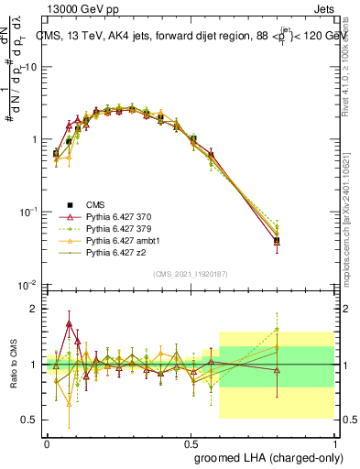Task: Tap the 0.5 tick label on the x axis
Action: click(190, 442)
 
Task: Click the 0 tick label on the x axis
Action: click(47, 442)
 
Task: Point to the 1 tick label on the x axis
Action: click(333, 442)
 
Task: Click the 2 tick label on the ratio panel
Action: click(35, 309)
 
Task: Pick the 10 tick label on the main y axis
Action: click(30, 67)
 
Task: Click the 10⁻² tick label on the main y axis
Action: click(29, 284)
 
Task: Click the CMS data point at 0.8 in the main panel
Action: click(277, 241)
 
